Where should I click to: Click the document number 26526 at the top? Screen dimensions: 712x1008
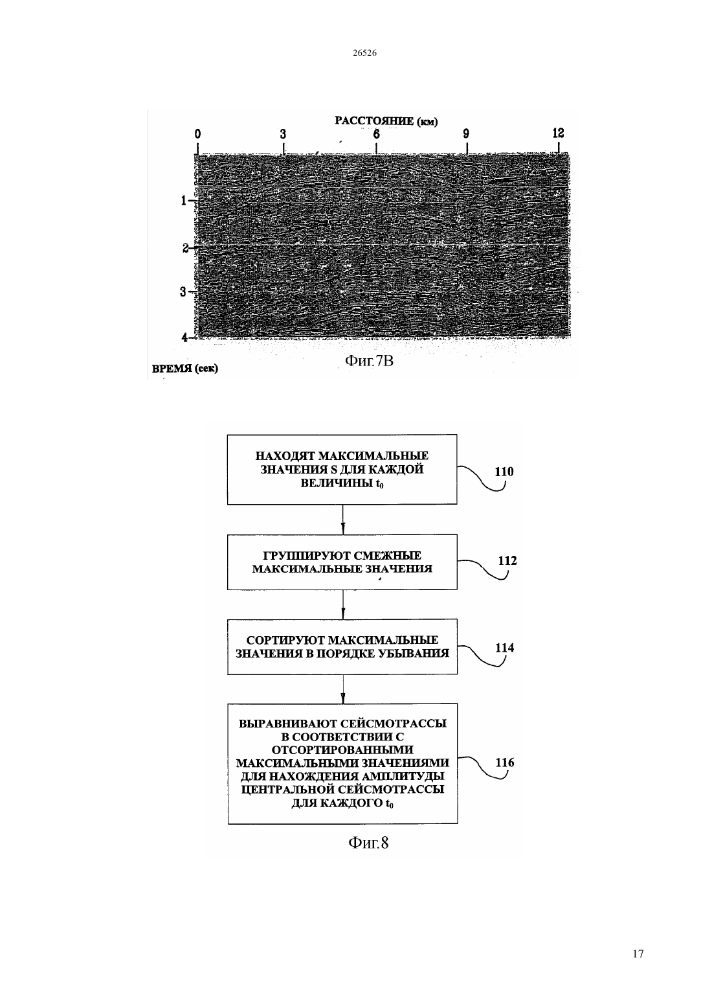(x=364, y=52)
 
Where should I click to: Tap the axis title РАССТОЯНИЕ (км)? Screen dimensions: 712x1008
(x=386, y=120)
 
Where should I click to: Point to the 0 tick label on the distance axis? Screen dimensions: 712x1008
(x=198, y=133)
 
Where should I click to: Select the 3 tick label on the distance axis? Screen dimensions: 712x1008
(x=283, y=133)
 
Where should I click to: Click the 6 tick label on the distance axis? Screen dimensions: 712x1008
(x=376, y=133)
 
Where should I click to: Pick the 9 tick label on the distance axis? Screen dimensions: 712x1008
(x=466, y=133)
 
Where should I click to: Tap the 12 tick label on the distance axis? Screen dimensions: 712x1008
(x=558, y=133)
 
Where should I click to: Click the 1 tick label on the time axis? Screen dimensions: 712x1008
(x=183, y=201)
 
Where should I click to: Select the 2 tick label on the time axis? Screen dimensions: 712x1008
(x=185, y=248)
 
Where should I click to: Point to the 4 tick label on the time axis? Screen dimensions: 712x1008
(x=184, y=337)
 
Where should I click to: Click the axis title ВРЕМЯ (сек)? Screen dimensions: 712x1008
(x=184, y=369)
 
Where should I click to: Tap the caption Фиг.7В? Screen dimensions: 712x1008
(x=369, y=360)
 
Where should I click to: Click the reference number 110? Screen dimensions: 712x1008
(x=504, y=472)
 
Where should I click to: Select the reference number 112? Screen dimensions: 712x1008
(x=507, y=560)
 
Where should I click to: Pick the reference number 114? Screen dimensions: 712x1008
(x=504, y=648)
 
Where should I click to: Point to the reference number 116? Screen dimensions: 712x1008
(x=505, y=762)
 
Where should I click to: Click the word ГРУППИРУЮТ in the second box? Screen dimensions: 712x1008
(x=306, y=556)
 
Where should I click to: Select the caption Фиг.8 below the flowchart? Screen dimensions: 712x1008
(x=368, y=842)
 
